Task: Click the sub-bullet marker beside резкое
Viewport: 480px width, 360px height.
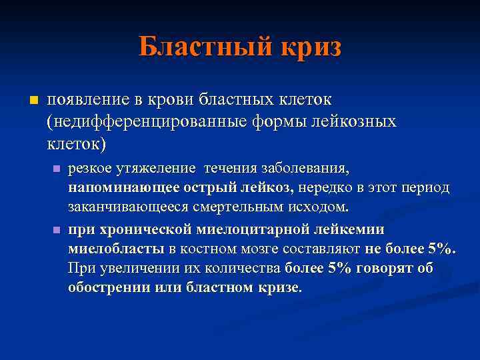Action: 56,169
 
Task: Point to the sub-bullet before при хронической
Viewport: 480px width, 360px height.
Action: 56,230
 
